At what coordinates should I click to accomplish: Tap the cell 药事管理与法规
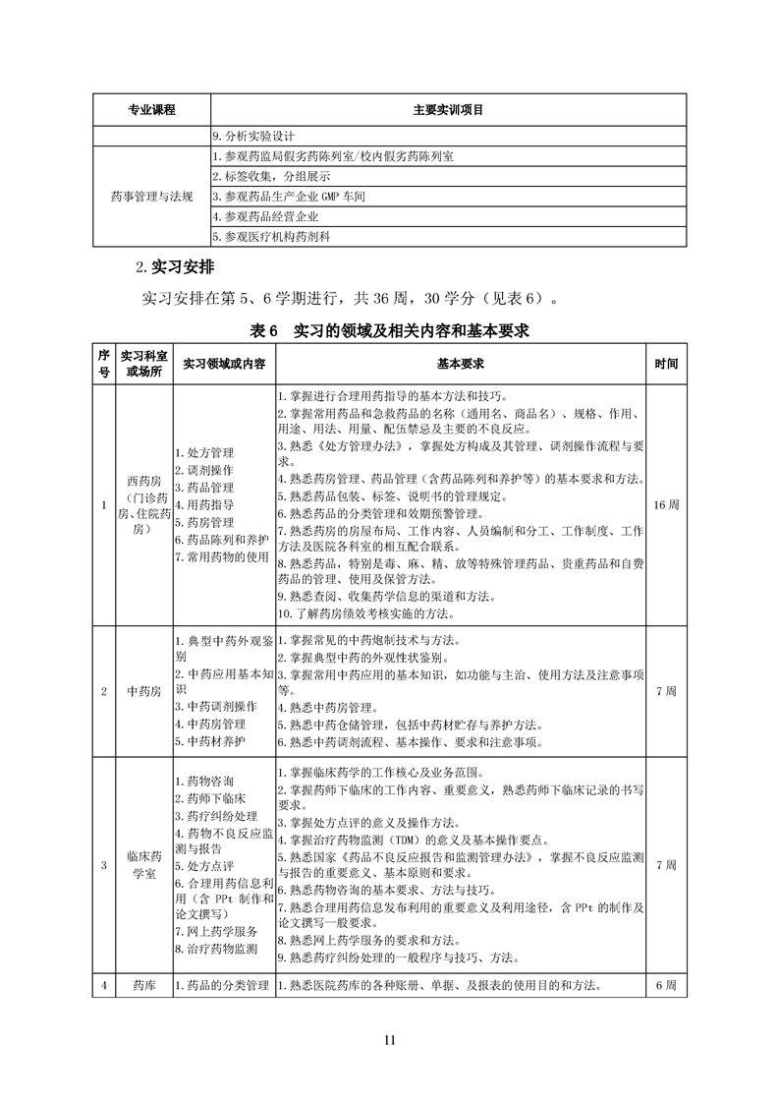pos(151,197)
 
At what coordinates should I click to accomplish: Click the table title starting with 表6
pos(390,331)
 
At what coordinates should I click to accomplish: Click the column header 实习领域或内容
pos(224,364)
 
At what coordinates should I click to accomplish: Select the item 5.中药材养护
pos(210,740)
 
